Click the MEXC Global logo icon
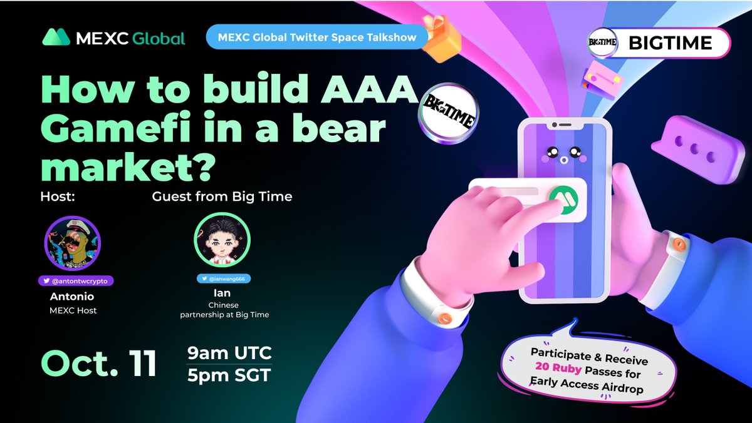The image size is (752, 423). pos(56,38)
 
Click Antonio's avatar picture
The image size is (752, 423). pos(73,244)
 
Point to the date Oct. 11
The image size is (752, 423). pos(99,364)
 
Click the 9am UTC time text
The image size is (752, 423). pos(229,354)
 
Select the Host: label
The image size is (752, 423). pos(58,196)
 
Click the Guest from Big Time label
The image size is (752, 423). pos(222,196)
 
